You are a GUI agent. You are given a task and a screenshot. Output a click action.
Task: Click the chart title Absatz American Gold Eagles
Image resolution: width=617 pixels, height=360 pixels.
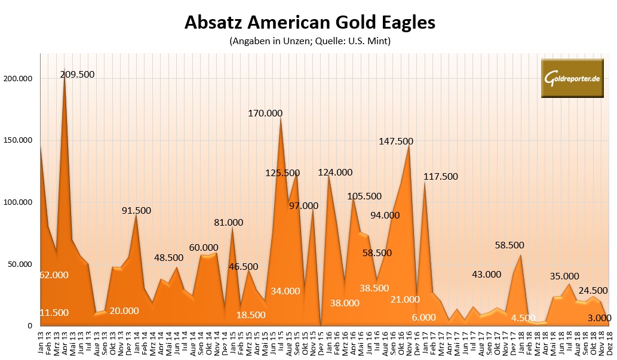(309, 23)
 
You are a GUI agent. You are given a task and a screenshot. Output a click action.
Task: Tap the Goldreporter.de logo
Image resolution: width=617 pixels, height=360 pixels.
(572, 78)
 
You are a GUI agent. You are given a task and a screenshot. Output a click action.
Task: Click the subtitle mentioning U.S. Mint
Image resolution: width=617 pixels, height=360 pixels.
(309, 42)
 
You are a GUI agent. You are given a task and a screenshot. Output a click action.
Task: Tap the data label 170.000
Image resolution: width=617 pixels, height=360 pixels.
(265, 113)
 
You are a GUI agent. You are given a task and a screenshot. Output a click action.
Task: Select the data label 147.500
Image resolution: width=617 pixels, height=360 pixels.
(404, 141)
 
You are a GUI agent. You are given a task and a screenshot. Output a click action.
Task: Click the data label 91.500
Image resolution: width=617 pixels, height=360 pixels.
(136, 210)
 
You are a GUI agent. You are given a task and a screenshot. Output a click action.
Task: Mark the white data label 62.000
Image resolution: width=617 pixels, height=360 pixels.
(54, 275)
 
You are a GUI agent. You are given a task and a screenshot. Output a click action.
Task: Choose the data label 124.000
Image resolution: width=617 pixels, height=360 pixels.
(335, 173)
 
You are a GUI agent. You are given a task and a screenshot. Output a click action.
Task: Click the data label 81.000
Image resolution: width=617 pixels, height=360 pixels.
(229, 223)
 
